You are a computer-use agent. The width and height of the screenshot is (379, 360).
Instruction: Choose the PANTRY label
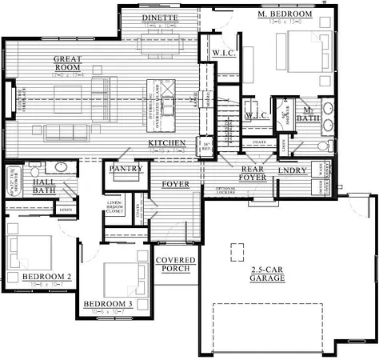click(x=126, y=169)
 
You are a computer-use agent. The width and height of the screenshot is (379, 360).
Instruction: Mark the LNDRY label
click(x=293, y=171)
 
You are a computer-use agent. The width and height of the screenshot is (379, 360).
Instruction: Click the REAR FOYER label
click(x=253, y=174)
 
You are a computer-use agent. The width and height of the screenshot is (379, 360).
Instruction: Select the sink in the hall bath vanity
click(x=62, y=169)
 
